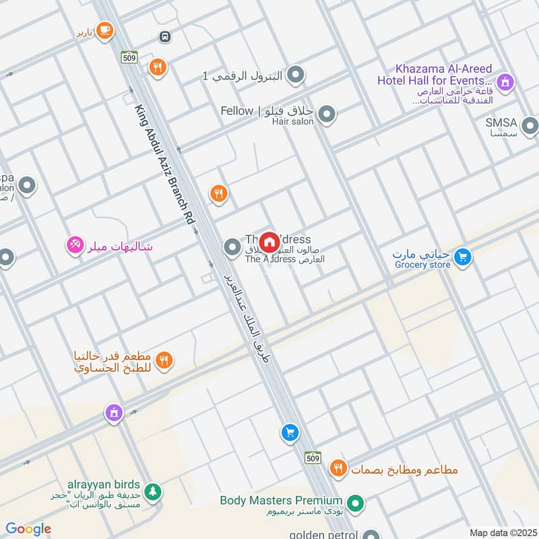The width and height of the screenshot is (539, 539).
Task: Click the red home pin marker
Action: [x=269, y=242]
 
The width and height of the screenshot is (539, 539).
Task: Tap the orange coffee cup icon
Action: [x=104, y=30]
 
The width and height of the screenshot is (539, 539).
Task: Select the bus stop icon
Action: [x=164, y=36]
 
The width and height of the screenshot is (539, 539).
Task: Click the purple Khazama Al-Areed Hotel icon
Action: [x=505, y=84]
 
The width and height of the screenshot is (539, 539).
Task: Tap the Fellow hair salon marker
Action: [x=327, y=115]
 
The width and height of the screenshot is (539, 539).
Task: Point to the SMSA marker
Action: [x=530, y=125]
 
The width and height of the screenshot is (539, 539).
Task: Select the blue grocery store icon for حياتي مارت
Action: [x=462, y=257]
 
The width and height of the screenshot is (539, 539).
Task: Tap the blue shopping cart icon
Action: [x=290, y=433]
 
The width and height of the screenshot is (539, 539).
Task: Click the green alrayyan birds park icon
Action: [x=154, y=492]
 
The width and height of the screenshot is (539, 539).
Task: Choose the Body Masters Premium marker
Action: [x=356, y=503]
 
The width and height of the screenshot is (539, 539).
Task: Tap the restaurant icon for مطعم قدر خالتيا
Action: [x=164, y=361]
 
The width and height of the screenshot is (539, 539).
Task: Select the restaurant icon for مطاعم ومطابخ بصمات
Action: [x=338, y=467]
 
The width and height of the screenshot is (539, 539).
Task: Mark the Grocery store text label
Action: [x=422, y=265]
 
